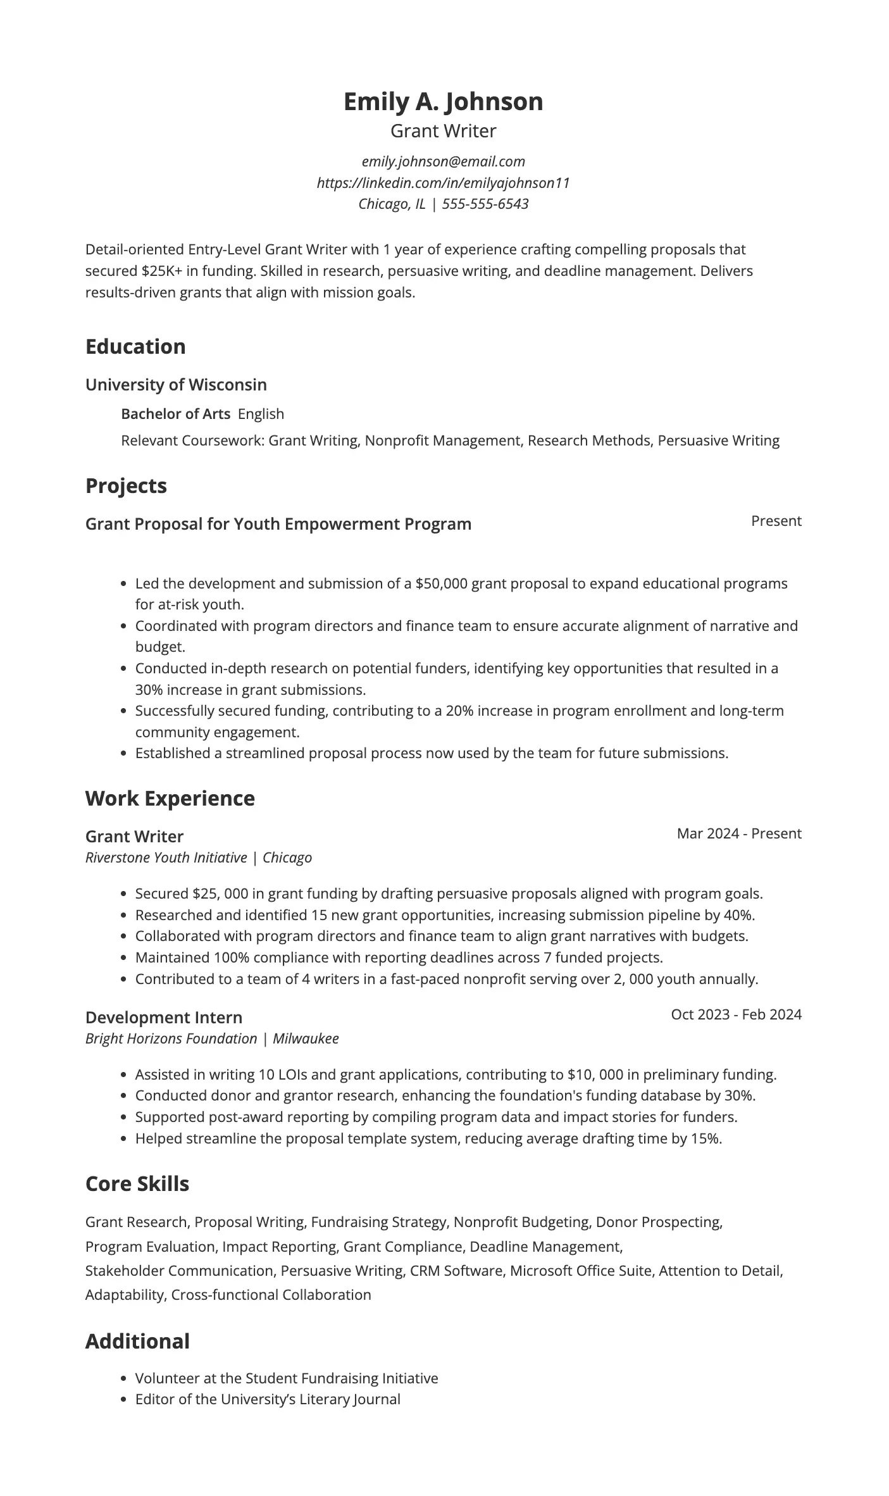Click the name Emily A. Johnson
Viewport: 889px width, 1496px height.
coord(443,102)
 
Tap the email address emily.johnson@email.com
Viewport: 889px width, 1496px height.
coord(443,161)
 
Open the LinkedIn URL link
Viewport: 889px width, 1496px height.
coord(443,183)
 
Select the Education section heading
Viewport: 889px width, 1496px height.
coord(135,347)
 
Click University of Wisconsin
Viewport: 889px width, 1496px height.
coord(176,385)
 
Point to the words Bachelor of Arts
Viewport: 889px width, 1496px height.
coord(175,414)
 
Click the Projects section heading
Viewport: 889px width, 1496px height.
coord(126,486)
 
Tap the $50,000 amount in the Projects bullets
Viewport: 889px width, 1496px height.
coord(441,583)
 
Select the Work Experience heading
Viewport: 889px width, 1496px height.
coord(170,799)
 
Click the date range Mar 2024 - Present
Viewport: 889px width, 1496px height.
coord(738,833)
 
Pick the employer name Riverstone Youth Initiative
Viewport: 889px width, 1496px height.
coord(166,857)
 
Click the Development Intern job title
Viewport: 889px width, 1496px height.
coord(163,1018)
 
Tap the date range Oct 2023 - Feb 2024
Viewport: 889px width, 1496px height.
coord(736,1014)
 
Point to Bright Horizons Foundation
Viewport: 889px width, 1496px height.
coord(171,1038)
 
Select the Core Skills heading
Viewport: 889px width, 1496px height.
coord(137,1184)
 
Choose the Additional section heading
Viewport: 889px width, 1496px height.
coord(137,1342)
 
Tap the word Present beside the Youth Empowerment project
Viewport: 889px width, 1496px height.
coord(776,521)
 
